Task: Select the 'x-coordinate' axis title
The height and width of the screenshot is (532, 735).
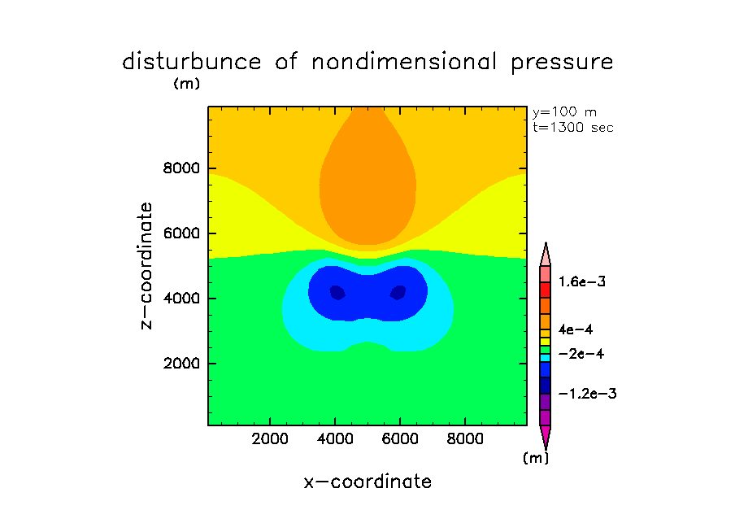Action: [x=367, y=482]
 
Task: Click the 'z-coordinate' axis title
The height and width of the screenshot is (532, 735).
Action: [x=147, y=266]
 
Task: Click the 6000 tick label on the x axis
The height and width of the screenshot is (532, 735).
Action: [x=399, y=439]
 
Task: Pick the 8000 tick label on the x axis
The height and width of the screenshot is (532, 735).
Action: [x=463, y=439]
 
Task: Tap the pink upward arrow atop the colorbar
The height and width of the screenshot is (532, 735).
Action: [x=545, y=253]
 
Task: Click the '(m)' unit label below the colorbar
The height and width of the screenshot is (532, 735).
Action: [x=535, y=458]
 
